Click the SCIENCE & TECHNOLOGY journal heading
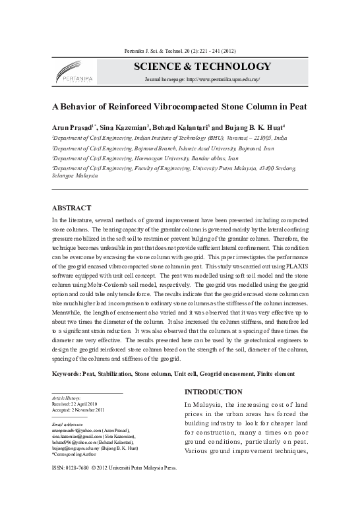[x=202, y=67]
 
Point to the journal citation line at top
[x=179, y=51]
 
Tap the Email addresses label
[x=67, y=424]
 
